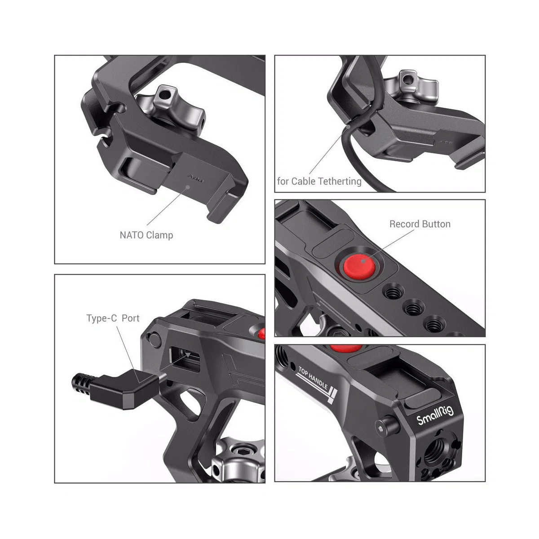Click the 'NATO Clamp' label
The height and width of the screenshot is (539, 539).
click(146, 235)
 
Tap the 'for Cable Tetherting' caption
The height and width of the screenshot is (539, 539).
click(319, 181)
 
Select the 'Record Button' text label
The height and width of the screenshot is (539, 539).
click(420, 224)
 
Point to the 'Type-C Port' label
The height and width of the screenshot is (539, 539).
click(113, 318)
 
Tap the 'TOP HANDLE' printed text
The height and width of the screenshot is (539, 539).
click(313, 378)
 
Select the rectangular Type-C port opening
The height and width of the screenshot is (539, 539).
click(185, 359)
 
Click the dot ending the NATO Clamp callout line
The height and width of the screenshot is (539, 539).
click(188, 186)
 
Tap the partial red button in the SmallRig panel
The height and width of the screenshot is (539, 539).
click(346, 348)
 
